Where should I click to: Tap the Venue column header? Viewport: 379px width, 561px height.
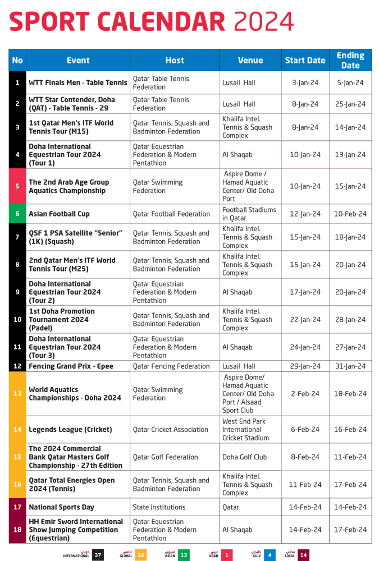250,61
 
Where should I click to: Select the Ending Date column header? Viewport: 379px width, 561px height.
350,60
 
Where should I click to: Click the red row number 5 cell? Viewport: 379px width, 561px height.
17,186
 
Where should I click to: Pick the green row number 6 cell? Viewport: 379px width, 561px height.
17,214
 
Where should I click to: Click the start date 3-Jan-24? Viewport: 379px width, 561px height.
305,82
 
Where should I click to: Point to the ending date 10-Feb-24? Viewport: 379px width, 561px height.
350,214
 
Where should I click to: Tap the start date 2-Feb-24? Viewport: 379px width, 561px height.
305,394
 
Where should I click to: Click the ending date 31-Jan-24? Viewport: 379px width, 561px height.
350,366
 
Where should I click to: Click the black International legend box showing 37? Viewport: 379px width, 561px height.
98,555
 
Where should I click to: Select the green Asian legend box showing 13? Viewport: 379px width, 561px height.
184,555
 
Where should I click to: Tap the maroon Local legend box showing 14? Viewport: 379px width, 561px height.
303,555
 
